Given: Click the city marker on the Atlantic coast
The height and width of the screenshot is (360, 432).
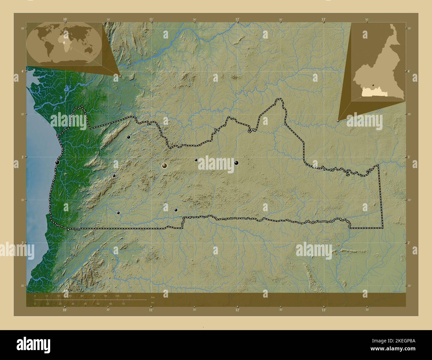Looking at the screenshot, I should tap(57, 162).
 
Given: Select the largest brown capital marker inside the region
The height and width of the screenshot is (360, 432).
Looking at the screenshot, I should tap(164, 165).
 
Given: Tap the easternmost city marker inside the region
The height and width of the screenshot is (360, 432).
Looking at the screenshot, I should tap(236, 163).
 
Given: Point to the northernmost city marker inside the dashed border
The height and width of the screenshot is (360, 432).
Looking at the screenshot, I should tap(128, 137).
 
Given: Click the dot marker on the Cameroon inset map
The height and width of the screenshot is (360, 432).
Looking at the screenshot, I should tap(374, 85).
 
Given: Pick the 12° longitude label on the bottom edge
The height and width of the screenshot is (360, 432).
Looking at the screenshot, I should tap(237, 310).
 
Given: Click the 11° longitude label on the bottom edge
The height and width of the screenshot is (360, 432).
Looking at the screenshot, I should tap(151, 310).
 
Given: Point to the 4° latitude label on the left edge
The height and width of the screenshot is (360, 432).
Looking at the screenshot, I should tap(22, 71).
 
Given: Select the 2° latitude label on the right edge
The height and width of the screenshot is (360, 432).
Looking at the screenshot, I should tap(410, 243).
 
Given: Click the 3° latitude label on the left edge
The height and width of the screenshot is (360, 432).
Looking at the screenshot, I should tap(22, 157).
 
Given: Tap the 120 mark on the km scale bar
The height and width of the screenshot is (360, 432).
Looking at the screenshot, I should tap(129, 296).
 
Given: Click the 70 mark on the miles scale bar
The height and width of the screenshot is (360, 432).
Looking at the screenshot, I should tap(123, 304).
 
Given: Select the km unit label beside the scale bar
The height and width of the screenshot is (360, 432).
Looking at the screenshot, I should tap(153, 297).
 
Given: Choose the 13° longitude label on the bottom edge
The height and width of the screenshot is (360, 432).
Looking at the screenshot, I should tap(323, 310).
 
